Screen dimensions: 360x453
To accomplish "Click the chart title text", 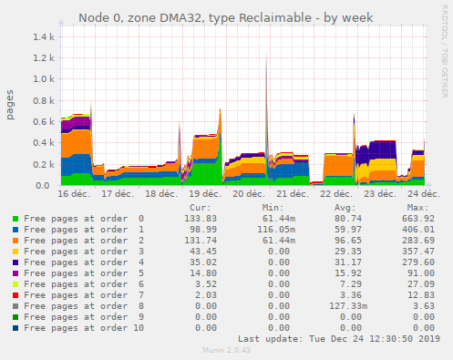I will click(x=225, y=17).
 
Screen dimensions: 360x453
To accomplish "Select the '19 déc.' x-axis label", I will click(x=204, y=194).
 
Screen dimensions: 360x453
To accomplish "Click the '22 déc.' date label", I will click(x=336, y=194).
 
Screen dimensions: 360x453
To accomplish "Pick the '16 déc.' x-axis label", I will click(x=73, y=194).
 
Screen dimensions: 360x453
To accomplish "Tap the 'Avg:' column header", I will click(x=345, y=207).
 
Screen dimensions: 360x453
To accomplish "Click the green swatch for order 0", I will click(x=15, y=219).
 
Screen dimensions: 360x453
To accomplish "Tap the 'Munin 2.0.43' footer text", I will click(x=225, y=351).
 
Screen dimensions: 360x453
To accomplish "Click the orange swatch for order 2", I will click(x=15, y=241).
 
